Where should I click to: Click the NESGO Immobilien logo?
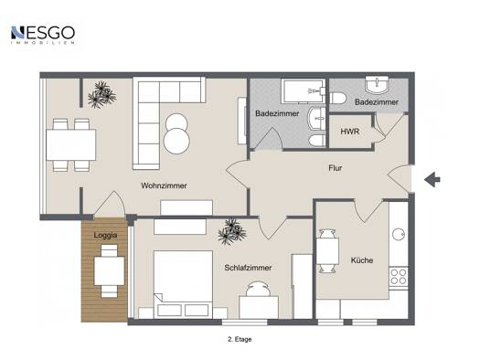43,35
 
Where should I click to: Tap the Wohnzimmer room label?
164,185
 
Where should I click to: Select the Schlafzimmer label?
248,268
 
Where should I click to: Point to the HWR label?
350,132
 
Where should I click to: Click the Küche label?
362,260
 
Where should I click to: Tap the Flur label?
336,167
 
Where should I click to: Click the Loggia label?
105,235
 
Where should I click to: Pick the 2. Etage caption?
240,339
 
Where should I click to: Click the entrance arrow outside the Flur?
432,179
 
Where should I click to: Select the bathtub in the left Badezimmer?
303,91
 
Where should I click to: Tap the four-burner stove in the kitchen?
399,277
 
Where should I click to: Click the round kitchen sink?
399,235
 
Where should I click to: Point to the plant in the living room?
101,95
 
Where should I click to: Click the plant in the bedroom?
232,231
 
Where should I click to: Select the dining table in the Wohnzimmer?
71,145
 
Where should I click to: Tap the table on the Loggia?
110,271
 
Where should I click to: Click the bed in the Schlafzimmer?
183,283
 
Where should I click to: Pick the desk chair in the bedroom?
259,289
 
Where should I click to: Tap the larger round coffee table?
176,142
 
